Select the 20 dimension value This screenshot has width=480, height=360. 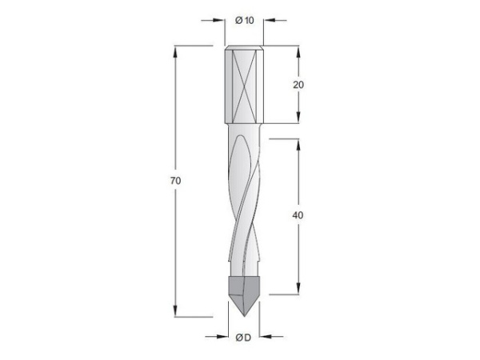[299, 83]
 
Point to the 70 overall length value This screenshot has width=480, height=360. [175, 182]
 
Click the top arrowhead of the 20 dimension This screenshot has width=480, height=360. [299, 52]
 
